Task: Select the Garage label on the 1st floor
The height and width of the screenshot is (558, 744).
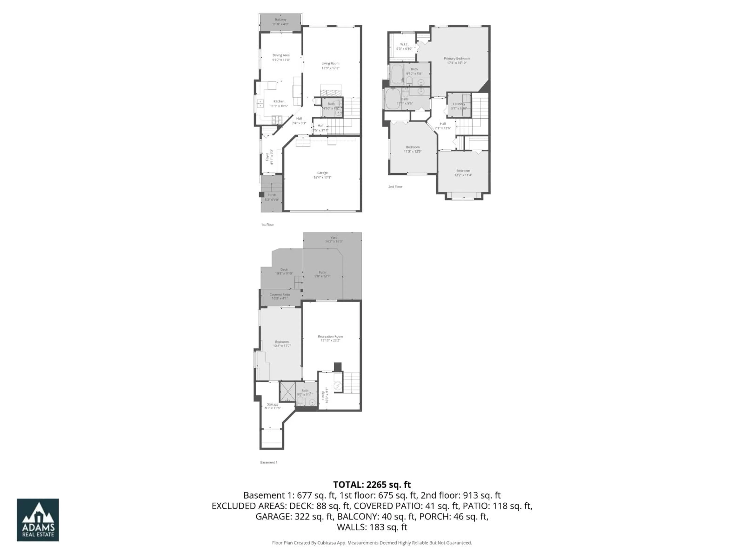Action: (x=322, y=175)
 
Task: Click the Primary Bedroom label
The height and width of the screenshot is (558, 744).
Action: (x=456, y=60)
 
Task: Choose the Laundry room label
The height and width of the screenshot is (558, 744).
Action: (x=459, y=106)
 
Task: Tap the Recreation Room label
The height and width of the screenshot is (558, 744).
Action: (x=330, y=338)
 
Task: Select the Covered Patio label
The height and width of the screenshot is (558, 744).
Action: (x=280, y=296)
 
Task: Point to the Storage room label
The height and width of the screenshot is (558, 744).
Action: (x=272, y=406)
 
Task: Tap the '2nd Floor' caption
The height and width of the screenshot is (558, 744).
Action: (x=395, y=187)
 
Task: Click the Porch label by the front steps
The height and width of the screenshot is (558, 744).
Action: (x=272, y=197)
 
